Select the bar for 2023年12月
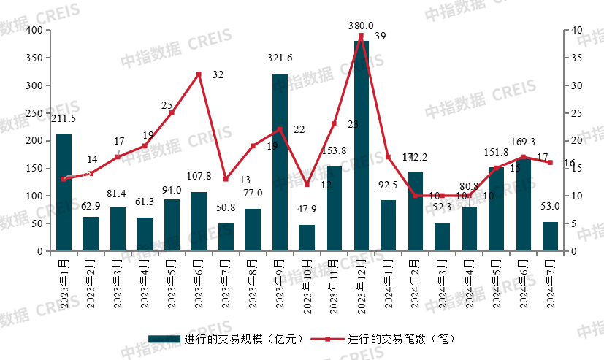coord(361,146)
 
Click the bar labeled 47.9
coord(307,238)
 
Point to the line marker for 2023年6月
coord(199,74)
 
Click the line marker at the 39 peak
coord(361,36)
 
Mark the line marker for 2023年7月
coord(226,179)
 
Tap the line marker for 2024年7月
coord(551,162)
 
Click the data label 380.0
coord(361,25)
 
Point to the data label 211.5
coord(64,118)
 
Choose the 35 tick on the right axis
coord(576,58)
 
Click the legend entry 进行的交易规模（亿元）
coord(219,340)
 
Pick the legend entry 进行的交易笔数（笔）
coord(383,340)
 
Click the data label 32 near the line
coord(218,74)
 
